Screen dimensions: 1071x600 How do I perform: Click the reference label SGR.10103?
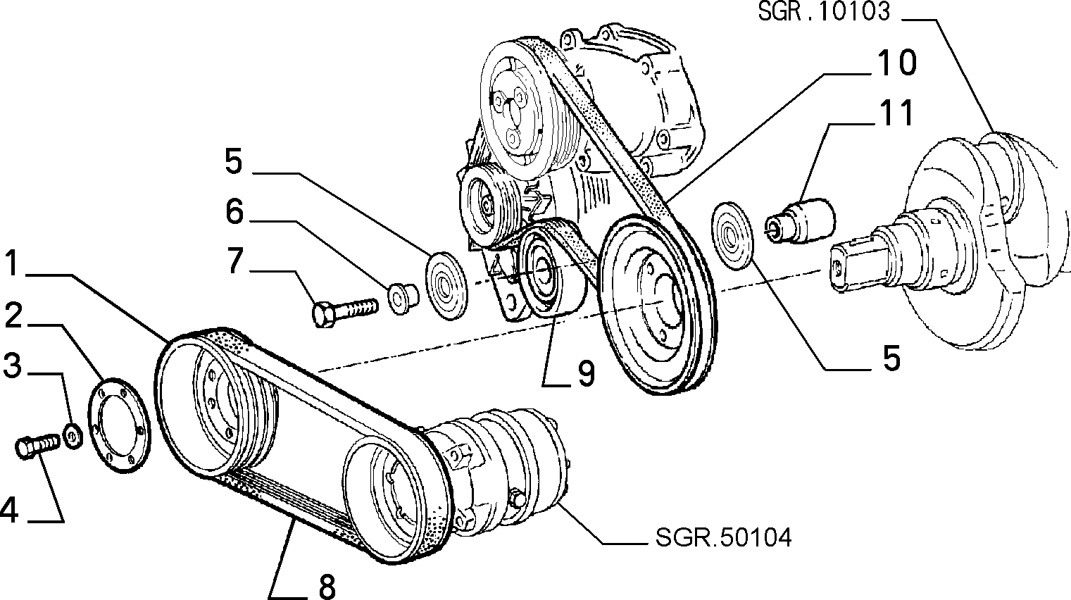824,11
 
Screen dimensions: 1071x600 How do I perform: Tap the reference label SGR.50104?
723,537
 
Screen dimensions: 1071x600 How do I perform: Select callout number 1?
13,264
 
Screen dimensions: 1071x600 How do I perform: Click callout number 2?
13,315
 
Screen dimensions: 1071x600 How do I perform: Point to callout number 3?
13,365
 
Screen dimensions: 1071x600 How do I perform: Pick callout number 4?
10,510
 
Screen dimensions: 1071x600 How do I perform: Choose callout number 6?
234,212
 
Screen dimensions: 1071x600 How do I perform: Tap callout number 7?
234,261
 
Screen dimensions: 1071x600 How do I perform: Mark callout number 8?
327,586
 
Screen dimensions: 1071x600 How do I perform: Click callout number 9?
586,373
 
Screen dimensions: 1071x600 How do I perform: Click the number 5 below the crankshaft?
891,358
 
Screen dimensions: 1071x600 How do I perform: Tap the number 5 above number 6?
234,161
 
